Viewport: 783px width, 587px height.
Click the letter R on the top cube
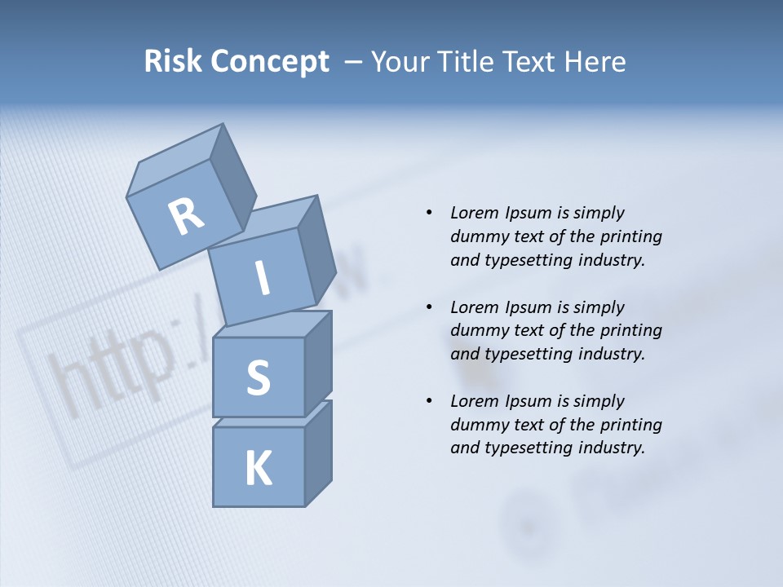(186, 217)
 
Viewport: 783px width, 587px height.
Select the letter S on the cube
(258, 377)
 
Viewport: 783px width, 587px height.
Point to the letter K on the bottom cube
(258, 469)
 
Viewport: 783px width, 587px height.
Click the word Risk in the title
(172, 62)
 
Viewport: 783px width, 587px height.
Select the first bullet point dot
(429, 213)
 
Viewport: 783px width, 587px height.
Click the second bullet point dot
(429, 307)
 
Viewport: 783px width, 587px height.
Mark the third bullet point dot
(429, 401)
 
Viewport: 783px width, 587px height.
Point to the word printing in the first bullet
(630, 236)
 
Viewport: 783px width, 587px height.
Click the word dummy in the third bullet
(477, 425)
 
